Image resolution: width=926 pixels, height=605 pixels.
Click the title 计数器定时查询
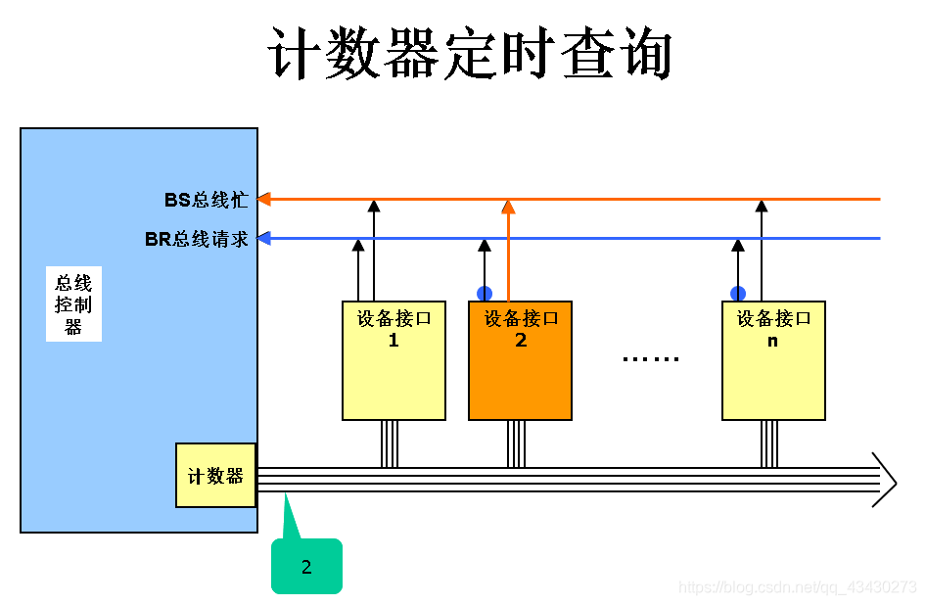[470, 53]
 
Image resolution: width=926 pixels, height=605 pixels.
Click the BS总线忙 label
[206, 200]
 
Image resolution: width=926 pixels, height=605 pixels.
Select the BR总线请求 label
[197, 239]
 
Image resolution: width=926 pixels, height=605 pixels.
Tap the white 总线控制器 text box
[73, 304]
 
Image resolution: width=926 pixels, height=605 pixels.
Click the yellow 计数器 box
[215, 476]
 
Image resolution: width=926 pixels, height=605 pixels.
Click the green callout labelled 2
[306, 566]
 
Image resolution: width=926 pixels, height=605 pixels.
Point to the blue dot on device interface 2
[485, 293]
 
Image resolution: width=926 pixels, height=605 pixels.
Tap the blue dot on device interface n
[737, 293]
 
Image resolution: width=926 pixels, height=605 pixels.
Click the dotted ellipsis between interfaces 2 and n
[651, 359]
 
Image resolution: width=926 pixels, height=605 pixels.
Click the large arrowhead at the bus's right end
[886, 480]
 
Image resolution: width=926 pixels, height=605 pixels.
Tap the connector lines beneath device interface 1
[389, 443]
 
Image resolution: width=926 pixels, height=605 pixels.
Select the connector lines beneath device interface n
[769, 443]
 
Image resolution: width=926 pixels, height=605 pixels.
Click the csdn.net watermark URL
[797, 587]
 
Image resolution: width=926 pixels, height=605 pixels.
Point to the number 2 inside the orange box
[521, 340]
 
